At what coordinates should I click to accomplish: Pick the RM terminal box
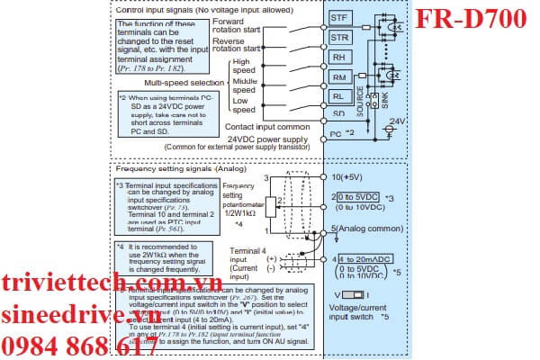click(339, 78)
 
